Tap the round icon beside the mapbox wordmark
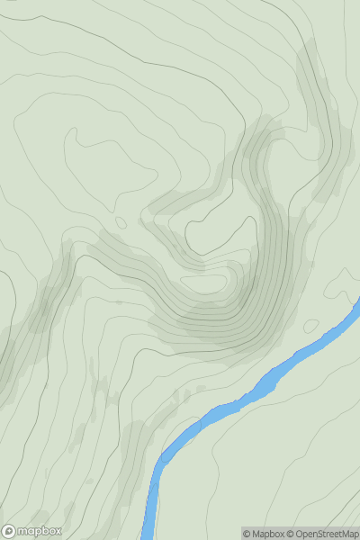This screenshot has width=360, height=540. tap(8, 531)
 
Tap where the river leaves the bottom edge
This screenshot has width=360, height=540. tap(148, 536)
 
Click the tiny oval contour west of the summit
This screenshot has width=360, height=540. tap(121, 222)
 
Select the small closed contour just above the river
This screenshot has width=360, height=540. tap(312, 325)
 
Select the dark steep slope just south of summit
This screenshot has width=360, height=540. tap(216, 328)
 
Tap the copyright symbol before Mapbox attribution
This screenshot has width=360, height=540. tap(247, 534)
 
